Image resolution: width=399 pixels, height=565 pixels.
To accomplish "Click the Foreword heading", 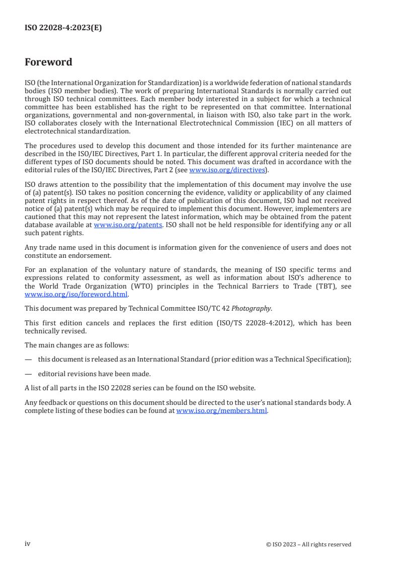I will pos(48,62).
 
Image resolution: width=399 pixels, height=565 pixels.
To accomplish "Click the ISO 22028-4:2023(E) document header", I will pos(63,28).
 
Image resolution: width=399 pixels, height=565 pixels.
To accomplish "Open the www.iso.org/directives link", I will pos(227,170).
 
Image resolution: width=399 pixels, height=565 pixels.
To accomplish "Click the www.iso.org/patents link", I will pos(128,225).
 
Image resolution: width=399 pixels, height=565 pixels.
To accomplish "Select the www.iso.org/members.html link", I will pos(222,410).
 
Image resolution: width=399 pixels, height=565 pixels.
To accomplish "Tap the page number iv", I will pos(28,544).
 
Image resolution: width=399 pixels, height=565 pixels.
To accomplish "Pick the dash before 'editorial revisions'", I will pos(28,374).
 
